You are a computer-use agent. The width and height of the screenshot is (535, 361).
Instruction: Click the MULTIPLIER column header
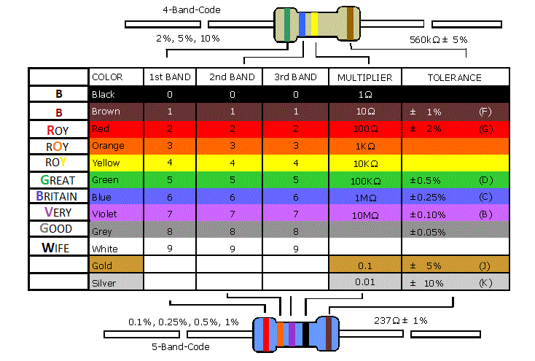pyautogui.click(x=364, y=77)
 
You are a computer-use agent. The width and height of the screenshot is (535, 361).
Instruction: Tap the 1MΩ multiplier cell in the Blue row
pyautogui.click(x=364, y=197)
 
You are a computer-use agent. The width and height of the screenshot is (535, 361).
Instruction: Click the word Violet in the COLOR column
pyautogui.click(x=104, y=214)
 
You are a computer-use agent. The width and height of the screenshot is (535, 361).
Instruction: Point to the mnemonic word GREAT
pyautogui.click(x=59, y=179)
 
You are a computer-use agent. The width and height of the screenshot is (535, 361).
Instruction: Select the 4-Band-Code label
pyautogui.click(x=191, y=10)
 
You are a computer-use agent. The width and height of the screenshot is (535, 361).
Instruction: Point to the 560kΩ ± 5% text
pyautogui.click(x=439, y=39)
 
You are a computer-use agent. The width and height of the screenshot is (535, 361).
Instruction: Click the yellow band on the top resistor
pyautogui.click(x=315, y=23)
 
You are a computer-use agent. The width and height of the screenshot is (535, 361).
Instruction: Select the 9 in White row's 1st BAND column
pyautogui.click(x=170, y=248)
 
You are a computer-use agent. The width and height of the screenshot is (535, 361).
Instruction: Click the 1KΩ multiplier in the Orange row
pyautogui.click(x=364, y=146)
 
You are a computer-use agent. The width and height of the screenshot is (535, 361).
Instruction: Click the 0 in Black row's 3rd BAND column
pyautogui.click(x=295, y=94)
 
